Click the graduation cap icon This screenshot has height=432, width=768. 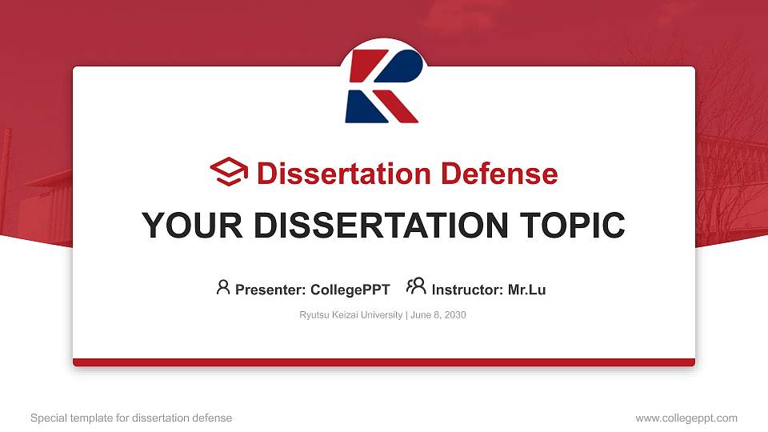[229, 172]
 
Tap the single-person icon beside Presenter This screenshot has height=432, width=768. [223, 287]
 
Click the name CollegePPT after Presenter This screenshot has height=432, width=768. [350, 290]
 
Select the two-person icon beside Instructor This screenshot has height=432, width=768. [416, 286]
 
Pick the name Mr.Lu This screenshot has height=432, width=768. [526, 290]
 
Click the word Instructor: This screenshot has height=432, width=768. [467, 290]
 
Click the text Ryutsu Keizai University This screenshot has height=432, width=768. [351, 315]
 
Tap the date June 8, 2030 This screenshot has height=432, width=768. [439, 315]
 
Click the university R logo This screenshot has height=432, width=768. [382, 86]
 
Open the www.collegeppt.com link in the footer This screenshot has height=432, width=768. [686, 418]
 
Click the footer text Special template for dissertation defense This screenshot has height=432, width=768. [131, 418]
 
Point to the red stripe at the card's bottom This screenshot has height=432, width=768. [384, 362]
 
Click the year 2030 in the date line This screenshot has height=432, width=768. [454, 315]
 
